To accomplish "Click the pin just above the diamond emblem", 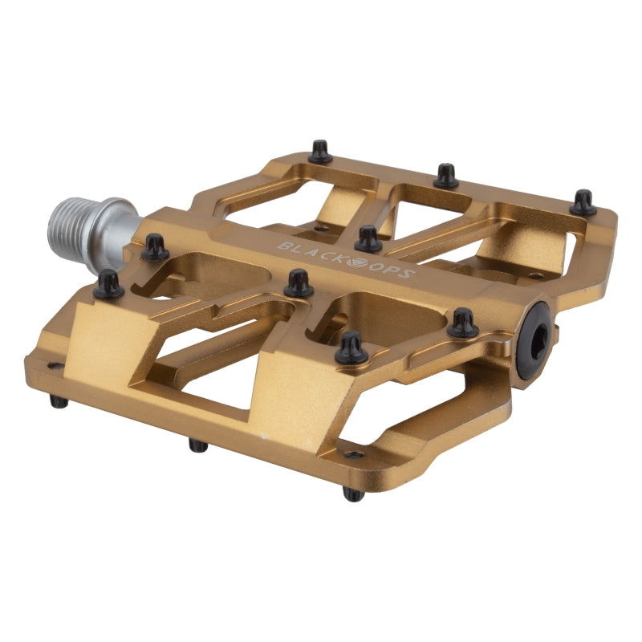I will (x=368, y=238).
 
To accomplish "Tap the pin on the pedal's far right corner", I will (x=583, y=201).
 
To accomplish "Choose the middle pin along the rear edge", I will (x=446, y=175).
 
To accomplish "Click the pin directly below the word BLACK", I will (x=299, y=282).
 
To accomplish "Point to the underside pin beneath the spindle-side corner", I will (x=59, y=400).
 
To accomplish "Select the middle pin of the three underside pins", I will (x=197, y=444).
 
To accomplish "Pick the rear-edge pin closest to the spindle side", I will (x=320, y=151).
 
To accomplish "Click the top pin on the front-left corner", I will (x=108, y=284).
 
